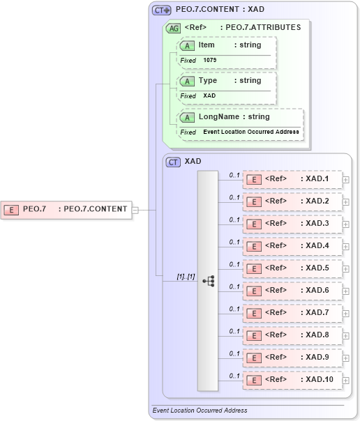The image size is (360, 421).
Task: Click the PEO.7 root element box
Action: (x=66, y=208)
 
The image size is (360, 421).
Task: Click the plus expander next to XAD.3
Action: (x=346, y=224)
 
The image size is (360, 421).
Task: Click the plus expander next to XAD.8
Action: (x=346, y=336)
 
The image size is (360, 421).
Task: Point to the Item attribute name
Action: (x=207, y=45)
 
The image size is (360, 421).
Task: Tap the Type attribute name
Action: (x=208, y=81)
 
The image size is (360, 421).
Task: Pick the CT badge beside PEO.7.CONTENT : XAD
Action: (x=162, y=10)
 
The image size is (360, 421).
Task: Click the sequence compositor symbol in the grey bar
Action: (x=208, y=280)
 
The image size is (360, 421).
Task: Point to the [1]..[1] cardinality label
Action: (x=185, y=277)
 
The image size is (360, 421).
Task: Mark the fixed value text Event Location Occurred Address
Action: (x=251, y=132)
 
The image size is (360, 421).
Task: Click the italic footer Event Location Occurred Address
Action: (x=200, y=411)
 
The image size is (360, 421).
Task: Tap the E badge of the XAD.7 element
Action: (x=255, y=313)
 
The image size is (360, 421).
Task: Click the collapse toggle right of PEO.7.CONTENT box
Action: (x=135, y=209)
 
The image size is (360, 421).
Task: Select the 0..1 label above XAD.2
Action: (x=234, y=197)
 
